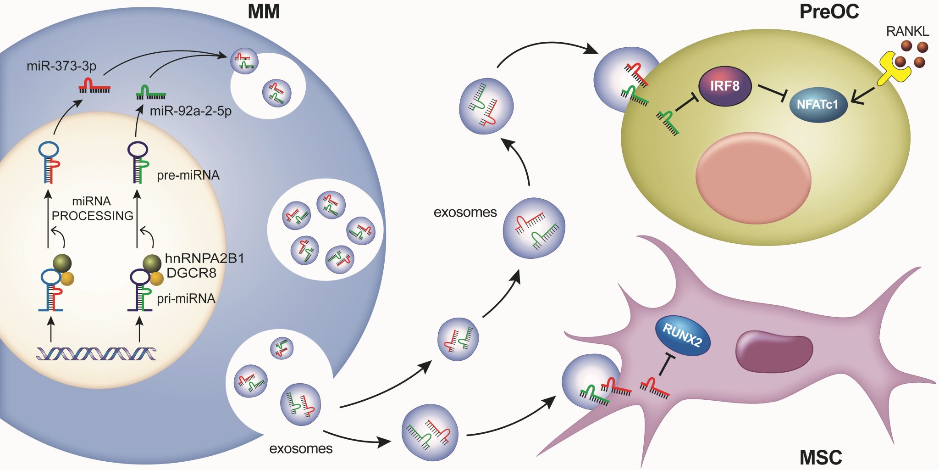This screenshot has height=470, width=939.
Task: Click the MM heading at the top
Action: tap(264, 11)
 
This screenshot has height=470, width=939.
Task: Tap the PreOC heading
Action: tap(829, 11)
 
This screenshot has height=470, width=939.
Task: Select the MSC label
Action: tap(821, 457)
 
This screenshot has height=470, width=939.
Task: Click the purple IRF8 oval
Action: tap(724, 86)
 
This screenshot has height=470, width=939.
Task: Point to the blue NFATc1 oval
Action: tap(817, 105)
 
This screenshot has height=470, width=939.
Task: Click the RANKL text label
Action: tap(907, 31)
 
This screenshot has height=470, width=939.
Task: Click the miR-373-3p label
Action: tap(61, 66)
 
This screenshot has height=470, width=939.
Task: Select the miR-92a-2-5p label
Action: tap(191, 111)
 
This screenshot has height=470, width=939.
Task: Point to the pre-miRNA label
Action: tap(188, 175)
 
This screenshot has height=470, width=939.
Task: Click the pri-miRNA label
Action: tap(186, 299)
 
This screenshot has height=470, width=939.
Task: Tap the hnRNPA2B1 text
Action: tap(204, 258)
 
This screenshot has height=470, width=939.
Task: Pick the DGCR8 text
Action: tap(191, 273)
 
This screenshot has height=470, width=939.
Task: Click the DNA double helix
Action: tap(96, 353)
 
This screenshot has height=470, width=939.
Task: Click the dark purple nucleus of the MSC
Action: tap(774, 351)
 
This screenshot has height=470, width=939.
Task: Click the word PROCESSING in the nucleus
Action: tap(93, 216)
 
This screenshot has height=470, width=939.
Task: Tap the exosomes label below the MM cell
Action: tap(301, 448)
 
